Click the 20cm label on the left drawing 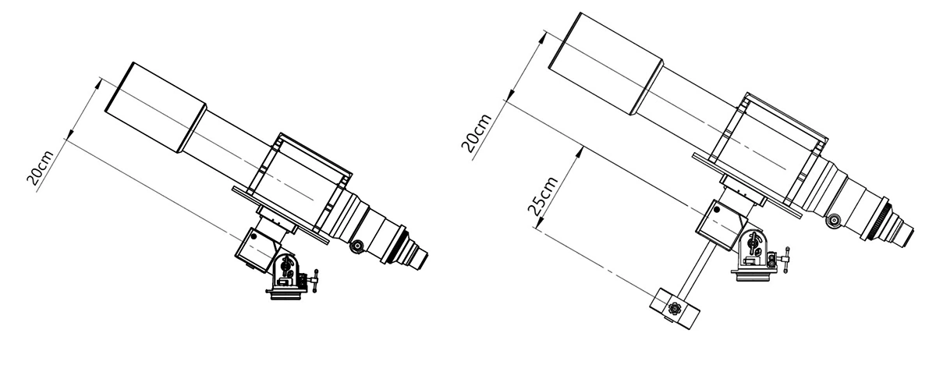(x=41, y=168)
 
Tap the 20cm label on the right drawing (x=477, y=132)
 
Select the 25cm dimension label (x=543, y=196)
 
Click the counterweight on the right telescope (x=674, y=309)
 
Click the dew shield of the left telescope (x=155, y=108)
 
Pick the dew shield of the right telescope (x=605, y=63)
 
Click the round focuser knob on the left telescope (x=356, y=246)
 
